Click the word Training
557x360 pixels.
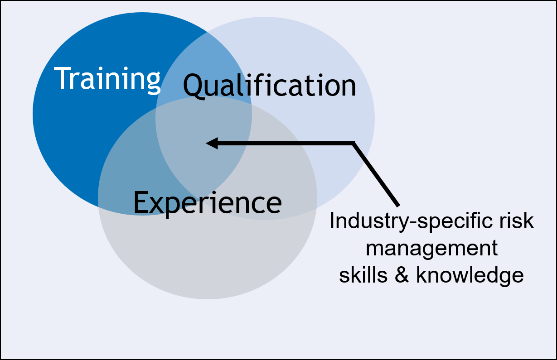108,78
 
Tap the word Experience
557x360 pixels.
207,202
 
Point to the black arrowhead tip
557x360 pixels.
207,144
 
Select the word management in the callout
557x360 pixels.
431,249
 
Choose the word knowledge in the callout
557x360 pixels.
470,275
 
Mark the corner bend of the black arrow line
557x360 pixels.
354,144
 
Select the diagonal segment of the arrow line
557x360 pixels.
376,175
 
